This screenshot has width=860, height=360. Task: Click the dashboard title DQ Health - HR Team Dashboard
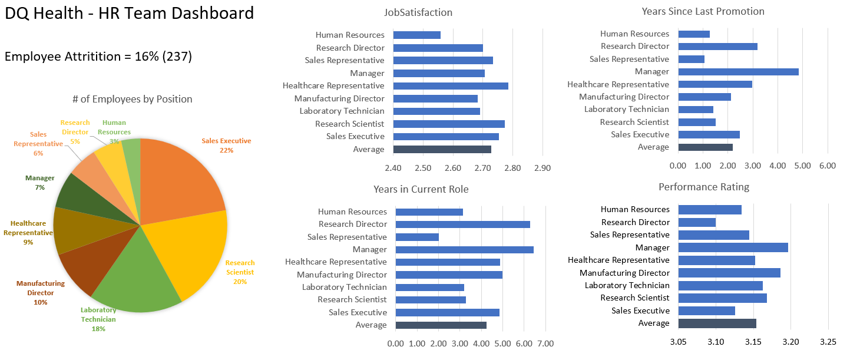[x=130, y=13]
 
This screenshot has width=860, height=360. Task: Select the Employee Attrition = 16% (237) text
[x=98, y=57]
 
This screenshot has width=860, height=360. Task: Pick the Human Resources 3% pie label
[x=114, y=132]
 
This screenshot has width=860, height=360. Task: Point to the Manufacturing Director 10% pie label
[x=41, y=293]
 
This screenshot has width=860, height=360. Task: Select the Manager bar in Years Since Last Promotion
[x=738, y=72]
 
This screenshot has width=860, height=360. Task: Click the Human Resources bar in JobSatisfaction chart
[x=416, y=35]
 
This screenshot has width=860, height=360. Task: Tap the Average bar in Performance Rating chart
[x=717, y=323]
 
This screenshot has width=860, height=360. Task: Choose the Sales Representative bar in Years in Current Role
[x=417, y=237]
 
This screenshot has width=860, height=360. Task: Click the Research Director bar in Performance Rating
[x=697, y=222]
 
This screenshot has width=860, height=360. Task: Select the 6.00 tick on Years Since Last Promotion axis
[x=828, y=166]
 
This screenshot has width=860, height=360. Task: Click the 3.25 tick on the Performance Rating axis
[x=828, y=342]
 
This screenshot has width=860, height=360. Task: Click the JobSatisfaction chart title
[x=418, y=12]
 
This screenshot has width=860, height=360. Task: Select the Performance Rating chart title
[x=703, y=187]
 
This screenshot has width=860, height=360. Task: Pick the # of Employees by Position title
[x=132, y=99]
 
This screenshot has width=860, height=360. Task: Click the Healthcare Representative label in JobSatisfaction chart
[x=333, y=86]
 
